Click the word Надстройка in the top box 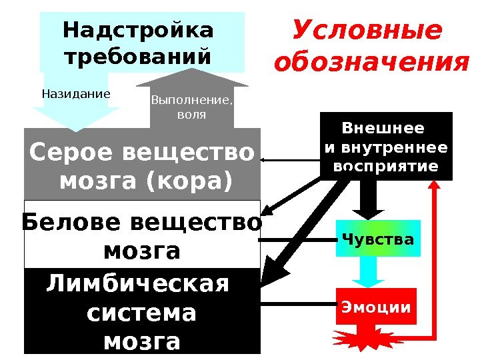tap(138, 31)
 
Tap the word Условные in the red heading tap(367, 30)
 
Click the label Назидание tap(75, 94)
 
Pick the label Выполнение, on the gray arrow tap(192, 101)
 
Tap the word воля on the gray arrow tap(192, 115)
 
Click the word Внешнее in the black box tap(383, 128)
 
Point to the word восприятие tap(385, 166)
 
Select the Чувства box tap(378, 239)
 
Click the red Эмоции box tap(376, 307)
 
